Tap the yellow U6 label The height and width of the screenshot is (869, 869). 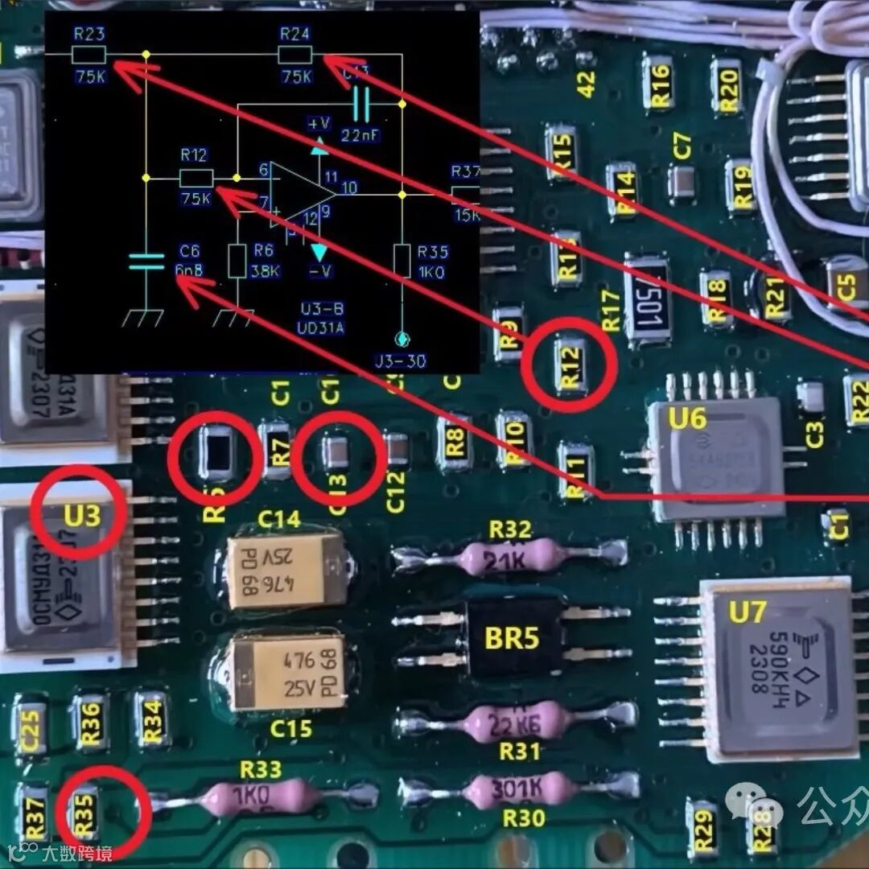pyautogui.click(x=687, y=418)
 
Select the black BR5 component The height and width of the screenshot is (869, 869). pyautogui.click(x=511, y=638)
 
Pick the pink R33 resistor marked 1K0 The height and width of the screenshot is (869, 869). pyautogui.click(x=259, y=797)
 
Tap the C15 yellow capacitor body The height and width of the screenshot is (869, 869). pyautogui.click(x=286, y=672)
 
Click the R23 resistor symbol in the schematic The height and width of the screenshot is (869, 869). pyautogui.click(x=89, y=55)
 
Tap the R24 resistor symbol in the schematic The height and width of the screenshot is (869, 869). pyautogui.click(x=295, y=55)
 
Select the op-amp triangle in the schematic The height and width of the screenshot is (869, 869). pyautogui.click(x=299, y=194)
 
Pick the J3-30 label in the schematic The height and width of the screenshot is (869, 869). pyautogui.click(x=401, y=360)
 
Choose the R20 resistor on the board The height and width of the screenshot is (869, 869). pyautogui.click(x=727, y=85)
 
